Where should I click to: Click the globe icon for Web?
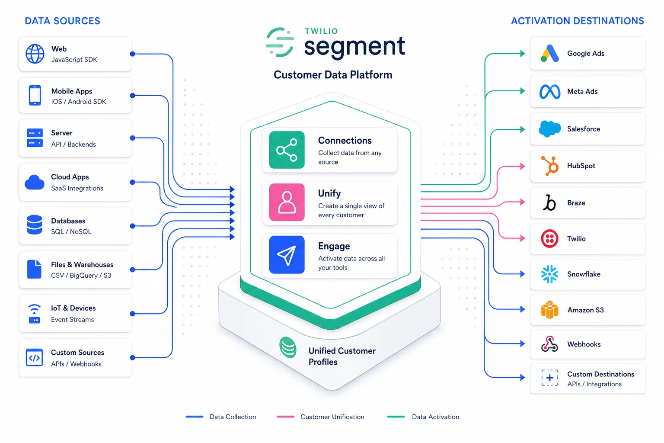pyautogui.click(x=35, y=54)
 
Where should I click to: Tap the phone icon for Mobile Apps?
pyautogui.click(x=35, y=95)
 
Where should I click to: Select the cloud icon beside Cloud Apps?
pyautogui.click(x=35, y=183)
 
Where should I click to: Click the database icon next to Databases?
pyautogui.click(x=35, y=225)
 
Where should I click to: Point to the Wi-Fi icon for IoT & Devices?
pyautogui.click(x=34, y=314)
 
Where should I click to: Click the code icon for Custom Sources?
pyautogui.click(x=34, y=358)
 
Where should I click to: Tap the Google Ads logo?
pyautogui.click(x=549, y=54)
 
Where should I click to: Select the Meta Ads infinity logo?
pyautogui.click(x=550, y=91)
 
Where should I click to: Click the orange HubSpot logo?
pyautogui.click(x=550, y=166)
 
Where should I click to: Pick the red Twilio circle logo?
pyautogui.click(x=549, y=238)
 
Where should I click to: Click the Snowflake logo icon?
pyautogui.click(x=549, y=274)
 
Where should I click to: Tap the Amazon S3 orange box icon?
pyautogui.click(x=549, y=310)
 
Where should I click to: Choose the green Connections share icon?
pyautogui.click(x=287, y=150)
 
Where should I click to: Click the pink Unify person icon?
pyautogui.click(x=287, y=202)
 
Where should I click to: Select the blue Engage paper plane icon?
pyautogui.click(x=287, y=255)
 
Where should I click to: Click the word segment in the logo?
pyautogui.click(x=354, y=47)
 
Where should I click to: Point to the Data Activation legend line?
pyautogui.click(x=396, y=417)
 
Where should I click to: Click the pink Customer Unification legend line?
pyautogui.click(x=285, y=417)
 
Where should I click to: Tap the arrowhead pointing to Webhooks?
pyautogui.click(x=522, y=344)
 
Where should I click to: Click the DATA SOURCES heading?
pyautogui.click(x=63, y=21)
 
